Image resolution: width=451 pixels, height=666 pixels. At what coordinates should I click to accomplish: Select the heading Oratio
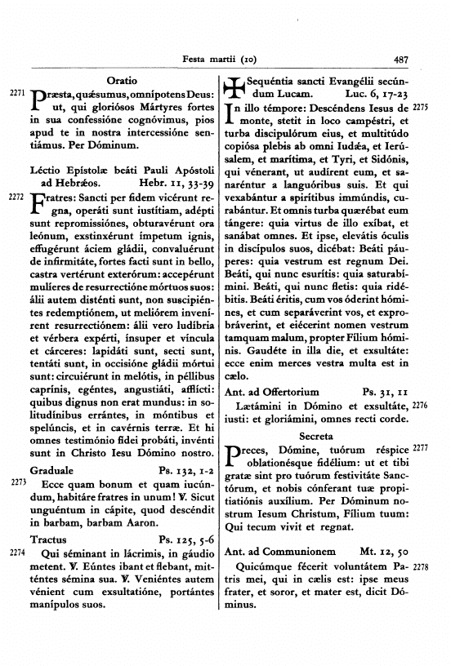tap(123, 85)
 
